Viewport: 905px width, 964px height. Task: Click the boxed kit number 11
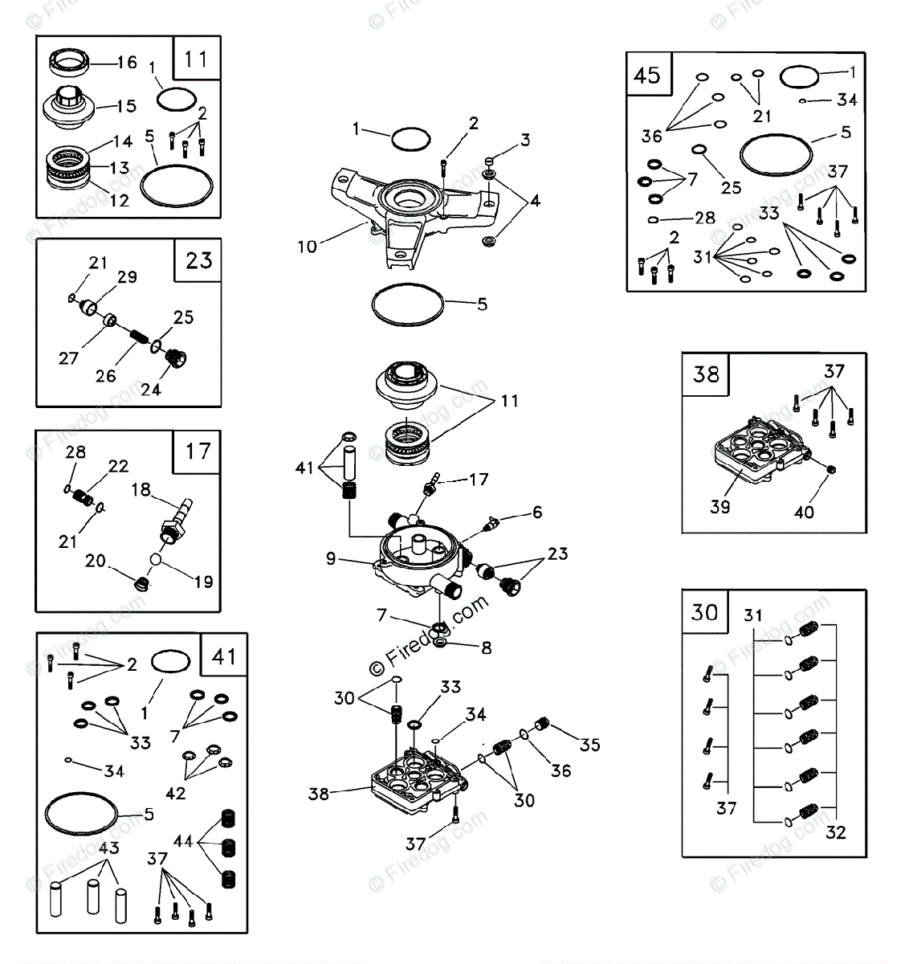click(196, 59)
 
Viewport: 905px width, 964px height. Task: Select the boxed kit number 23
click(198, 260)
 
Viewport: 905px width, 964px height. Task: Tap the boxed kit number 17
click(198, 451)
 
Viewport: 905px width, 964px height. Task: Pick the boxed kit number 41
click(224, 656)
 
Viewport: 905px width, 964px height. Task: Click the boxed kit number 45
click(647, 75)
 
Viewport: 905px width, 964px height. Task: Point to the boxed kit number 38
click(706, 374)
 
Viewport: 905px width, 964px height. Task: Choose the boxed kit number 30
click(705, 612)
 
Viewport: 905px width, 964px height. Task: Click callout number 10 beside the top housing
click(308, 247)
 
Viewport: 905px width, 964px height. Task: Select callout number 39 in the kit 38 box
click(720, 506)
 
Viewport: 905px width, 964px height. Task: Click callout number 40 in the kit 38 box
click(804, 512)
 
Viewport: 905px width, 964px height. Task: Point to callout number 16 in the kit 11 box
click(127, 63)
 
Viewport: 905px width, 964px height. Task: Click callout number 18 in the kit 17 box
click(141, 490)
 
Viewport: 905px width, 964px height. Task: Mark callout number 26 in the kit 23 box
click(106, 375)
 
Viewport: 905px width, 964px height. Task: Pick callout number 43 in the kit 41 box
click(108, 848)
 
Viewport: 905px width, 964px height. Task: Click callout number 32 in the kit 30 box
click(836, 832)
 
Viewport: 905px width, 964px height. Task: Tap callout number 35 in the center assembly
click(589, 745)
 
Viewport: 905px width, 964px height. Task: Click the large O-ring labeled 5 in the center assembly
click(408, 305)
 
